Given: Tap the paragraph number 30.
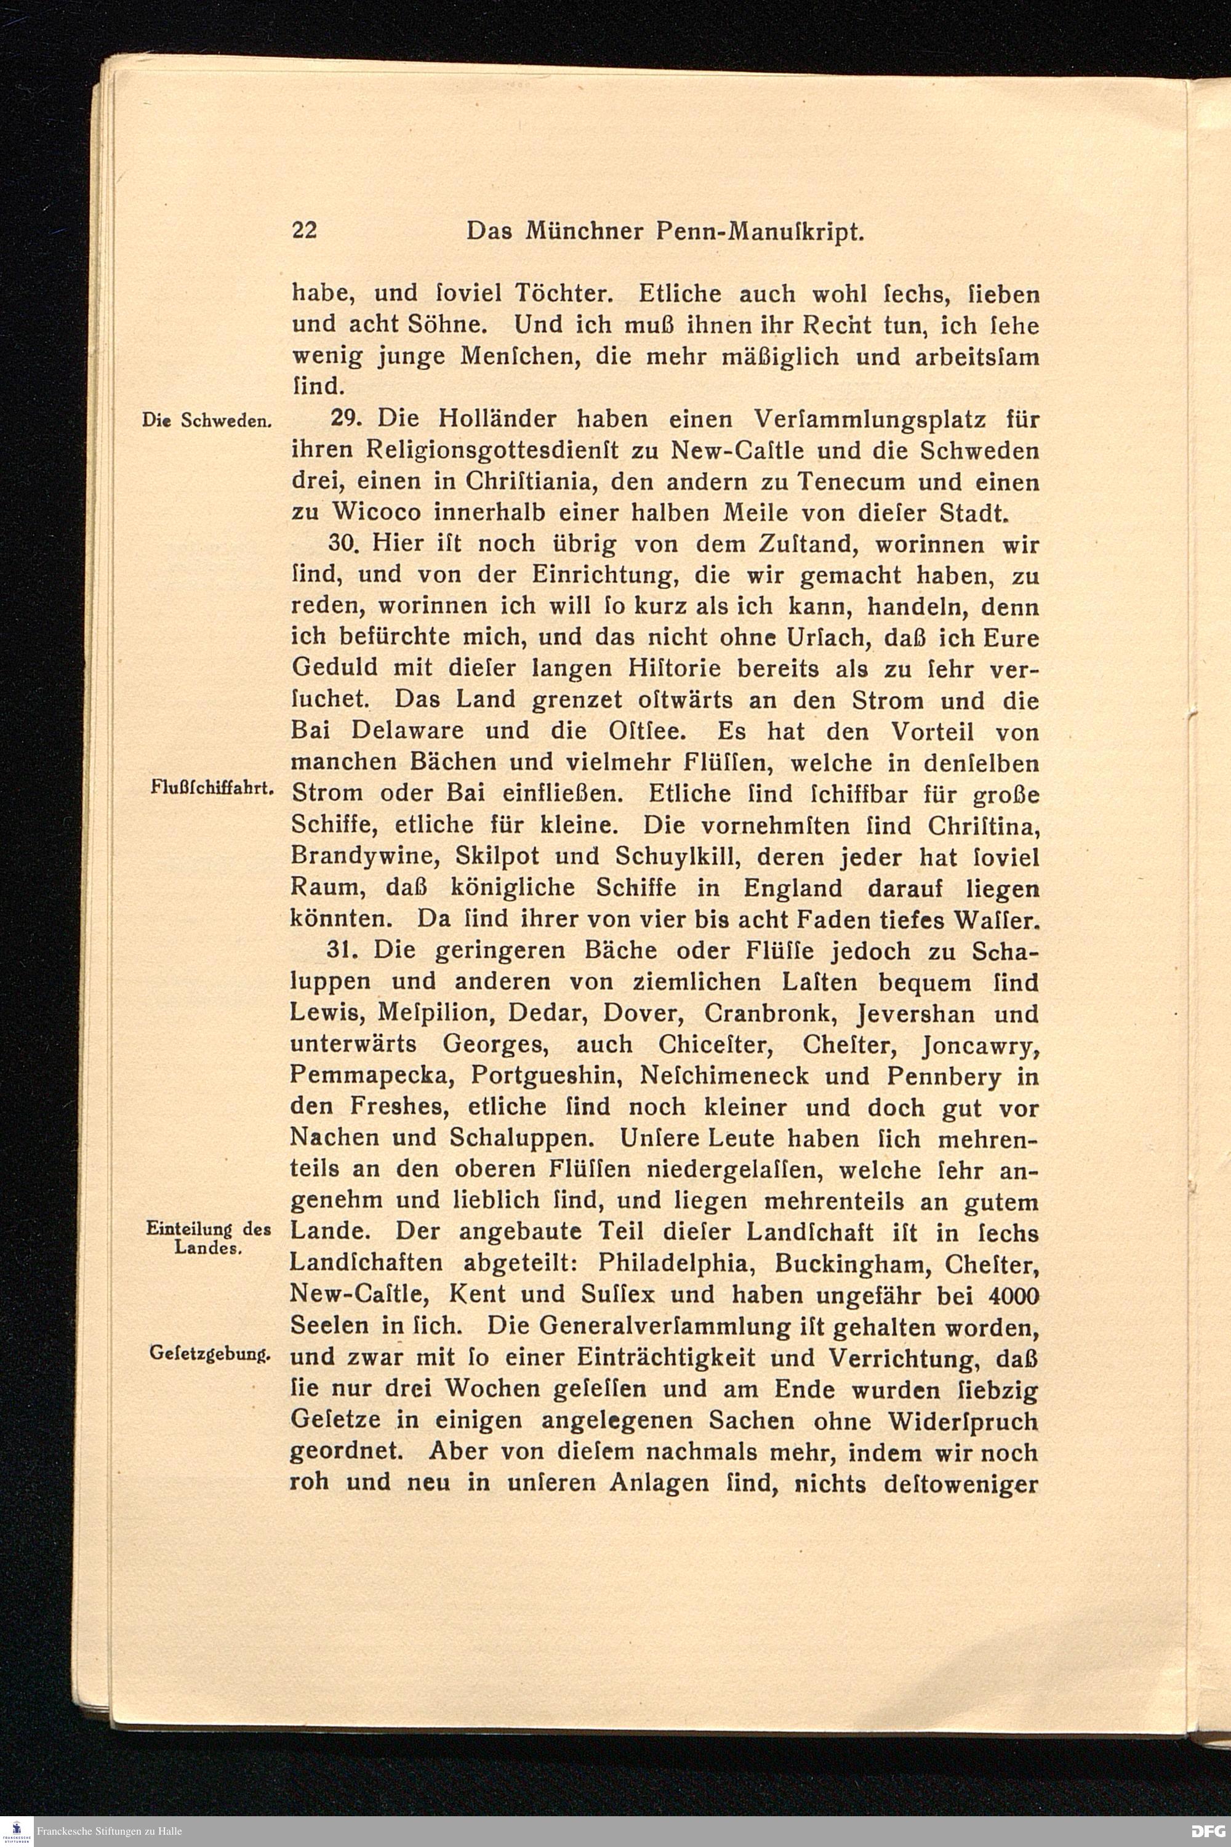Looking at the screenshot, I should [345, 544].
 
